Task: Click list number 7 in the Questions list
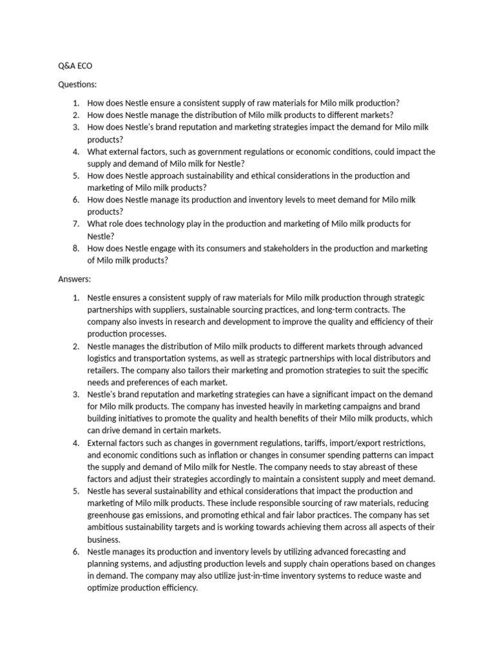(x=75, y=224)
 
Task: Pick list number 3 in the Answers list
(x=75, y=394)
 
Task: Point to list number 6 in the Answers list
(x=75, y=552)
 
